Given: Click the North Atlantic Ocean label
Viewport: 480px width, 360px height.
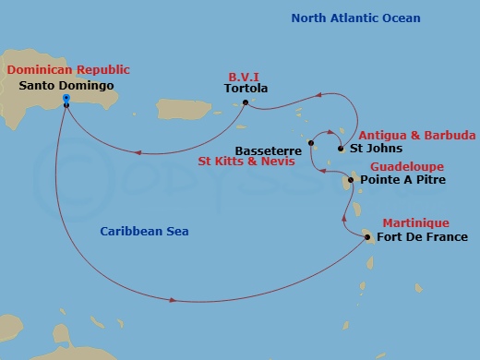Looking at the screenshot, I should point(355,18).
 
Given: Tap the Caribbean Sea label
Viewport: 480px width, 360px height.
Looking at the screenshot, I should point(144,232).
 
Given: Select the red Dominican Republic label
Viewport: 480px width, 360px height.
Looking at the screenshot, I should point(68,69).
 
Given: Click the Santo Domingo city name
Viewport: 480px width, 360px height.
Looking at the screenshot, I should point(66,86).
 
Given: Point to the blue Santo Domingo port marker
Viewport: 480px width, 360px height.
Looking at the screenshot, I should point(66,99).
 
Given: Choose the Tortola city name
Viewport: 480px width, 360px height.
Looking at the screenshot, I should point(246,90).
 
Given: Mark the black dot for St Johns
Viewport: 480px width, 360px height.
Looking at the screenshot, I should point(341,148).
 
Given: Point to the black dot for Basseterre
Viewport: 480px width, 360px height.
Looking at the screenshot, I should point(311,142).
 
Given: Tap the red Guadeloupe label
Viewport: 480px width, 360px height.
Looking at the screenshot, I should point(406,166).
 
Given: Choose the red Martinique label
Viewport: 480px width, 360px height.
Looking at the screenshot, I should point(415,222).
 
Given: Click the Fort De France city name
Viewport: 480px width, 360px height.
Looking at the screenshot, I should point(416,237).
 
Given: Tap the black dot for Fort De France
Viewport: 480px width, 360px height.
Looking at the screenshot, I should point(367,236).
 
